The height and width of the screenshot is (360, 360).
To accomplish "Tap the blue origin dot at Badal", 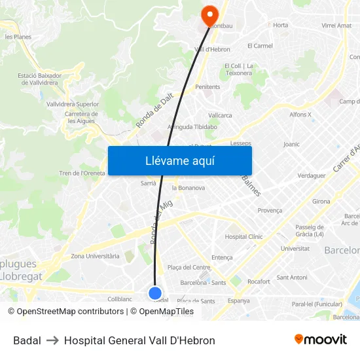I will (155, 293).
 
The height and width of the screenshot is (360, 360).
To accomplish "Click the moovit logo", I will (321, 340).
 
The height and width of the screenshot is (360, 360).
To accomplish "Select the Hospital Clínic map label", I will (243, 236).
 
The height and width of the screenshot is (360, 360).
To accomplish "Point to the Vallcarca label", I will (220, 115).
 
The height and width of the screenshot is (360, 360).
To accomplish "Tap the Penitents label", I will (207, 86).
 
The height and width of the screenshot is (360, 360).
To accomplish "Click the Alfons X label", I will (300, 115).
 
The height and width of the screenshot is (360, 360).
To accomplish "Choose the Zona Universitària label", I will (95, 256).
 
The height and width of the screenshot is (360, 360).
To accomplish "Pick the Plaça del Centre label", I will (189, 267).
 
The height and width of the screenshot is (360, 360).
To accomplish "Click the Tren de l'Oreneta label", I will (82, 173).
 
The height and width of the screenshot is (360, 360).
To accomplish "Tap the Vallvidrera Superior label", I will (73, 104).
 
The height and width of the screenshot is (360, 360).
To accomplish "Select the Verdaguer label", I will (312, 175).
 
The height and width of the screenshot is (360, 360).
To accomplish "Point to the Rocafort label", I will (259, 281).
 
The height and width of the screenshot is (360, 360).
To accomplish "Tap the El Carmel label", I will (260, 46).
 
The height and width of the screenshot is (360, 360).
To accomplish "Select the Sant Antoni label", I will (292, 278).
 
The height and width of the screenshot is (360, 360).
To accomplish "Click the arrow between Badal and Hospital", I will (52, 340).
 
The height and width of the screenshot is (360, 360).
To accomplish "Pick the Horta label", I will (280, 26).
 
